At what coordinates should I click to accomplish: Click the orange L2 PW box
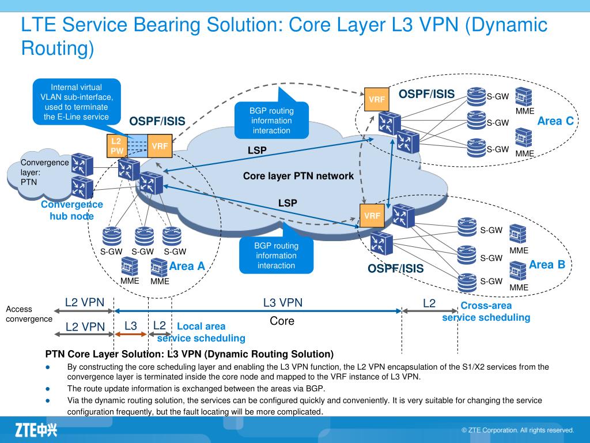click(116, 146)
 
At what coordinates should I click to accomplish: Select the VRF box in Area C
click(377, 99)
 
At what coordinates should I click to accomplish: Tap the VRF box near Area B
click(372, 216)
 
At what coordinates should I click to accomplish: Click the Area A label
click(187, 266)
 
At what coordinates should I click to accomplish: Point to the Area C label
click(555, 121)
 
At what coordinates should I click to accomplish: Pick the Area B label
click(547, 265)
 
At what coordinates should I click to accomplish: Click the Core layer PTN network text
click(298, 176)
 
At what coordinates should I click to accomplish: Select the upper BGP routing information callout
click(271, 121)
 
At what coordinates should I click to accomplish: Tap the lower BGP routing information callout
click(276, 256)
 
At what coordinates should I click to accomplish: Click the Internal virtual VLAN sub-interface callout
click(76, 102)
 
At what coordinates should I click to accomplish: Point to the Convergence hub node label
click(71, 210)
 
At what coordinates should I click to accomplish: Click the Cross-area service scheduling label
click(486, 311)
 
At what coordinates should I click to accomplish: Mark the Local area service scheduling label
click(201, 332)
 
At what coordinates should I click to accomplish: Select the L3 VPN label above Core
click(282, 303)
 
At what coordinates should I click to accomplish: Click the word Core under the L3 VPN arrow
click(282, 321)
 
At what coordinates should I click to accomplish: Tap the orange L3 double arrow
click(131, 334)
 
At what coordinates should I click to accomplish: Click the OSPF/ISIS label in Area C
click(426, 94)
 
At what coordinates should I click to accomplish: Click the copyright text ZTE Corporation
click(517, 430)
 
